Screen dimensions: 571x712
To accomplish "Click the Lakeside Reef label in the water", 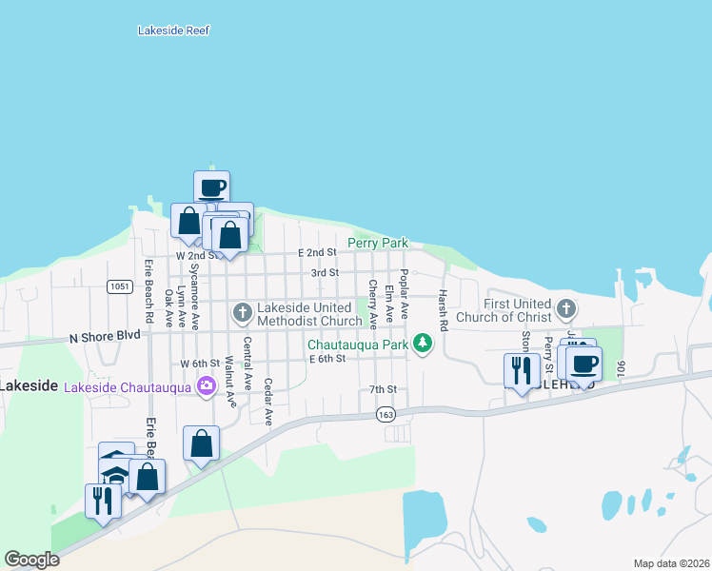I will [x=173, y=30].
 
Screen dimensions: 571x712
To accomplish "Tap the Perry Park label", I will [x=378, y=243].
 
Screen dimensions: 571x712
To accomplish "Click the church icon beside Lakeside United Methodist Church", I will [x=242, y=311].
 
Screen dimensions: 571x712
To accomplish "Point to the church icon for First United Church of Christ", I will [x=566, y=307].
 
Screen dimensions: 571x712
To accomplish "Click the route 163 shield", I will [x=386, y=414].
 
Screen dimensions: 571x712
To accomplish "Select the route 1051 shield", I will [x=119, y=286].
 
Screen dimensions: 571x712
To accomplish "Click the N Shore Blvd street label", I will [x=105, y=336].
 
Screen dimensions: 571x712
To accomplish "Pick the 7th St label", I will [x=383, y=389].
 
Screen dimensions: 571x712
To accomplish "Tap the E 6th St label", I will [x=327, y=359].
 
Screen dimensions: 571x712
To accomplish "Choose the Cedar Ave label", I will [x=268, y=402].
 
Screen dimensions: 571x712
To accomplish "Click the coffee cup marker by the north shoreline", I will [x=211, y=187].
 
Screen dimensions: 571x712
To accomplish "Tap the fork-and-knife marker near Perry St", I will [x=522, y=370].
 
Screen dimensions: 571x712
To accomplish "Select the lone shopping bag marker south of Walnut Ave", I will [x=202, y=443].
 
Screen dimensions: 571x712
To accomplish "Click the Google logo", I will [x=31, y=560].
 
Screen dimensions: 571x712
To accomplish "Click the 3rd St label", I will [x=326, y=272].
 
